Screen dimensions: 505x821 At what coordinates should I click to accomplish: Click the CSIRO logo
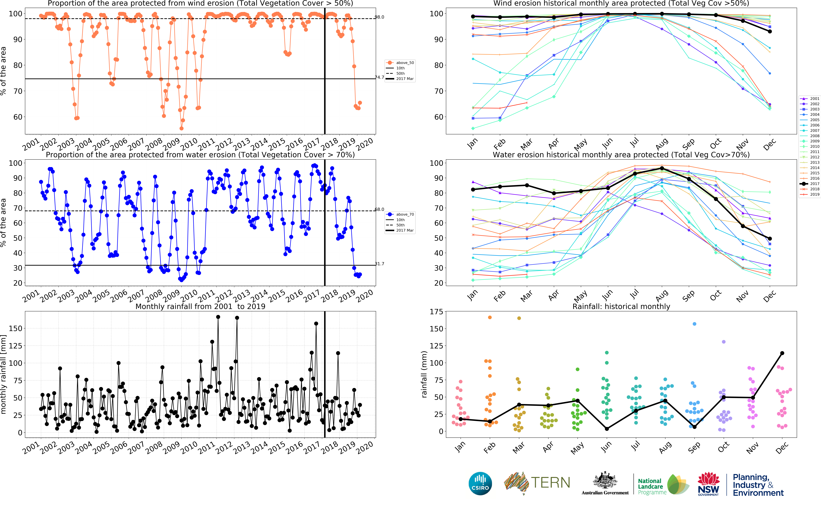click(x=480, y=483)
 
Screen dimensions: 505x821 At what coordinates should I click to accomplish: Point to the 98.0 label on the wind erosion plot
click(x=379, y=17)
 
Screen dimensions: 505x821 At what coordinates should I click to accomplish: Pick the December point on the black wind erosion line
click(x=770, y=31)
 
